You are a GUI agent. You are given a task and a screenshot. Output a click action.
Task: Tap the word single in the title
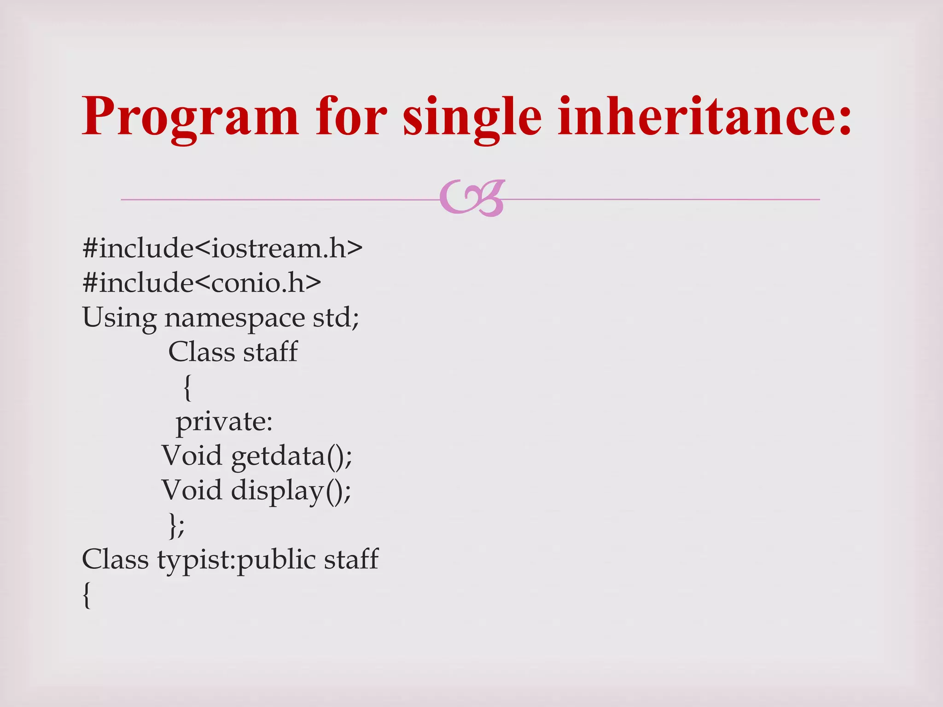pos(471,117)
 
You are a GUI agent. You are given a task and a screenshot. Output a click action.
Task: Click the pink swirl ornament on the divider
pos(472,198)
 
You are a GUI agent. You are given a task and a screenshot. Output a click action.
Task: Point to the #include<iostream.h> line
pos(222,248)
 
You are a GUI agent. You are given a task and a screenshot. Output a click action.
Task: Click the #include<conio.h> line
pos(202,283)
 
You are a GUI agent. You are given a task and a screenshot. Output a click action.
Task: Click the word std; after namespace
pos(336,318)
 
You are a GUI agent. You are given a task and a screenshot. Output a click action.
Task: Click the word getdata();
pos(291,456)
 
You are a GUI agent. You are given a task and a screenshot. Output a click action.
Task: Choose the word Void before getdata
pos(192,455)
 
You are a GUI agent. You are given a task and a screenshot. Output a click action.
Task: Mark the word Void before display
pos(192,490)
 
